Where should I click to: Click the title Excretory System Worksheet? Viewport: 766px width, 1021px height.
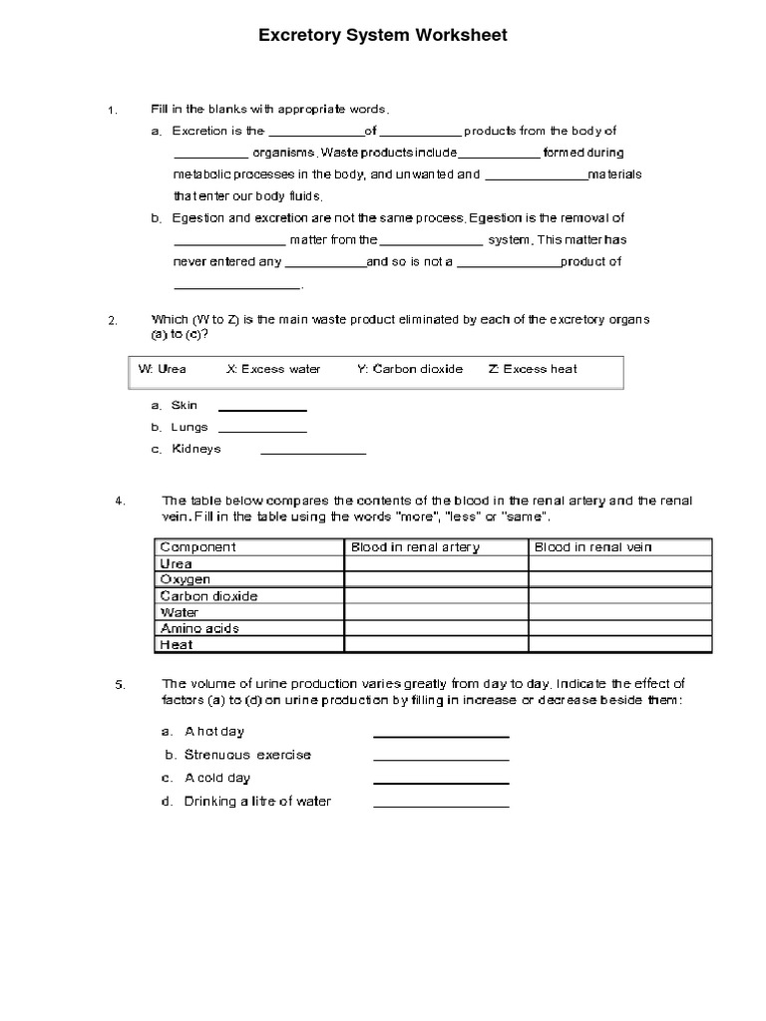(x=383, y=36)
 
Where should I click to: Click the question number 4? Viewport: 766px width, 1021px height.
(x=120, y=501)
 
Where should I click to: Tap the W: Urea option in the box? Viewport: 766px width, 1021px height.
(x=162, y=369)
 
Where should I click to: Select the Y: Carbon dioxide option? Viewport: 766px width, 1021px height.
(x=409, y=369)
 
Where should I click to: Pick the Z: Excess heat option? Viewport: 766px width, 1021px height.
(x=533, y=369)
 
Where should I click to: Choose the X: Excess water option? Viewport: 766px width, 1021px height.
(x=273, y=369)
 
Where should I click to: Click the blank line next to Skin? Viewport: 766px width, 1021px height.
(x=262, y=407)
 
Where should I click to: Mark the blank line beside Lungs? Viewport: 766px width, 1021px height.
(x=262, y=429)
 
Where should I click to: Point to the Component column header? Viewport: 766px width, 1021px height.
(x=198, y=547)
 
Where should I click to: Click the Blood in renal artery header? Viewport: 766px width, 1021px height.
(x=415, y=547)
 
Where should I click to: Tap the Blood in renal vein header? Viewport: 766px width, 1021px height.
(x=593, y=547)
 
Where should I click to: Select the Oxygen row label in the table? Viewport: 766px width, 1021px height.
(x=186, y=579)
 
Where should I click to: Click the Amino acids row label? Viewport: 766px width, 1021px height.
(x=199, y=628)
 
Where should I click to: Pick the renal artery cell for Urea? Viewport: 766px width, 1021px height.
(x=436, y=563)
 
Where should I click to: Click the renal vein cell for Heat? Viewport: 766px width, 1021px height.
(x=619, y=645)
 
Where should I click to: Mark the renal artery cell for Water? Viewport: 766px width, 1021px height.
(x=436, y=612)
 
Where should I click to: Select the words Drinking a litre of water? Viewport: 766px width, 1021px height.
(x=257, y=802)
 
